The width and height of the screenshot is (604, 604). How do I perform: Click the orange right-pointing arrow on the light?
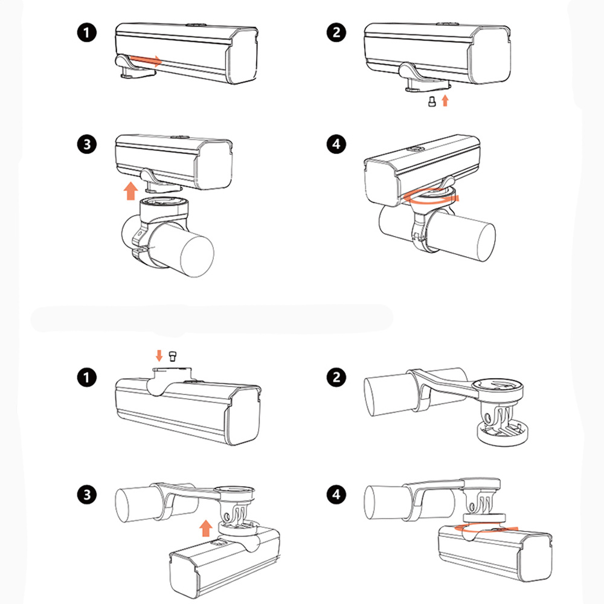(x=146, y=60)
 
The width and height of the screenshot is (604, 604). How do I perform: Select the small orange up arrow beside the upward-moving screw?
(x=445, y=100)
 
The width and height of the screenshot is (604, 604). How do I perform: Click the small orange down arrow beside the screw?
(x=159, y=355)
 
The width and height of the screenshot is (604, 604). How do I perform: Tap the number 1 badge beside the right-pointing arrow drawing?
(x=87, y=32)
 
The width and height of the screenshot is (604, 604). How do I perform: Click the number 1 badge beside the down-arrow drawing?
(x=87, y=378)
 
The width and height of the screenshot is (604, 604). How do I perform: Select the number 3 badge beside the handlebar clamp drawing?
(x=87, y=144)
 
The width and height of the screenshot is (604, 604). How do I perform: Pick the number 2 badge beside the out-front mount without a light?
(x=336, y=378)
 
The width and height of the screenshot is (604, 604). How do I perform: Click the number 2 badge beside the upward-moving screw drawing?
(x=336, y=32)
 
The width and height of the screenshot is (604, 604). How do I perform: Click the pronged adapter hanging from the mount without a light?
(x=497, y=421)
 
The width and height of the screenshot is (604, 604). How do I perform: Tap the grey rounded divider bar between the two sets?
(x=211, y=318)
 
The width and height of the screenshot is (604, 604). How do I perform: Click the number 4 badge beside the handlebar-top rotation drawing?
(x=336, y=144)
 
